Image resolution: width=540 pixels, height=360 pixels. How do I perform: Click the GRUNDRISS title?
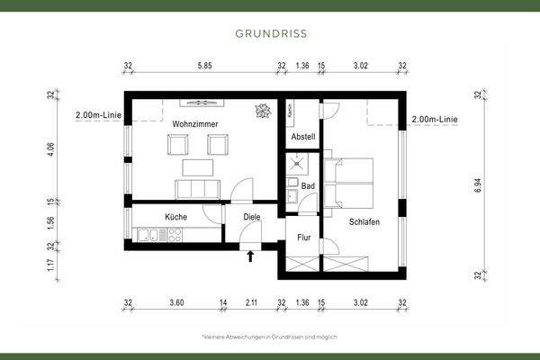pyautogui.click(x=270, y=33)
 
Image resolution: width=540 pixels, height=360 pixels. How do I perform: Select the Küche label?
pyautogui.click(x=175, y=217)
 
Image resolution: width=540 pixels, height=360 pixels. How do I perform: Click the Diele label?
pyautogui.click(x=253, y=217)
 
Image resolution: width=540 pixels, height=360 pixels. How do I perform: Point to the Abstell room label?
pyautogui.click(x=303, y=137)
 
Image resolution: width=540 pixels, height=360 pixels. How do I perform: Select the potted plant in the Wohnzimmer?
pyautogui.click(x=263, y=111)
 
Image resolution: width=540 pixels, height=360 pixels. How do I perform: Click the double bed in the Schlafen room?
pyautogui.click(x=350, y=181)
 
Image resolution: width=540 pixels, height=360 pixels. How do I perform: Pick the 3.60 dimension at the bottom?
pyautogui.click(x=176, y=303)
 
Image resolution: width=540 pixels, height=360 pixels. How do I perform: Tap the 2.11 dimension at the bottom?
pyautogui.click(x=251, y=303)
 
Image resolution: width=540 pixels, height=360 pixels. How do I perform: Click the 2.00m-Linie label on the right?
pyautogui.click(x=435, y=119)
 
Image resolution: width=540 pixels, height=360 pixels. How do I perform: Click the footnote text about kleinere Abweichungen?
pyautogui.click(x=270, y=336)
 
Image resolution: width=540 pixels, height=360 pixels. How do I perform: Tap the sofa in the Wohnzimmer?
pyautogui.click(x=196, y=188)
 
